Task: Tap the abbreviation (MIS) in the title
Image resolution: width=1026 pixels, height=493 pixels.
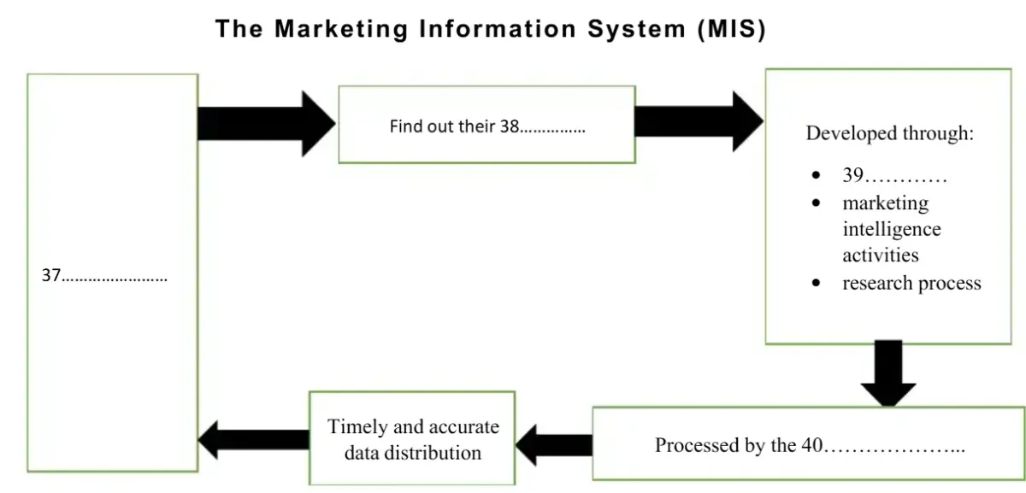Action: tap(731, 29)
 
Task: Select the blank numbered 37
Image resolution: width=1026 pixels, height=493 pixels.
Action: tap(104, 276)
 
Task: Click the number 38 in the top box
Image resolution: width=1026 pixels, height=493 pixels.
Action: tap(510, 126)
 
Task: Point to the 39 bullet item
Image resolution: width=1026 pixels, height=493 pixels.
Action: tap(893, 176)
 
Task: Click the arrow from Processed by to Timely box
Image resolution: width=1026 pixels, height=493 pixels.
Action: tap(554, 444)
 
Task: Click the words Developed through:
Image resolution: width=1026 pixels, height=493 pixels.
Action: tap(889, 133)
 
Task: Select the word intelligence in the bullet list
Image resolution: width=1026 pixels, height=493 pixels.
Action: tap(891, 229)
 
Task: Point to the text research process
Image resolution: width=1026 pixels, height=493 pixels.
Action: tap(911, 283)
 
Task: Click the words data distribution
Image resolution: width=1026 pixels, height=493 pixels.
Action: tap(413, 452)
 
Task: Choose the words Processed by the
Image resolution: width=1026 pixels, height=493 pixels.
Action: tap(725, 445)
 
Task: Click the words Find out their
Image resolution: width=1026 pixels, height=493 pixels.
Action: tap(442, 126)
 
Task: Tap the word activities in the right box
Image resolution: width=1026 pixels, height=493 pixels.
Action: tap(880, 255)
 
